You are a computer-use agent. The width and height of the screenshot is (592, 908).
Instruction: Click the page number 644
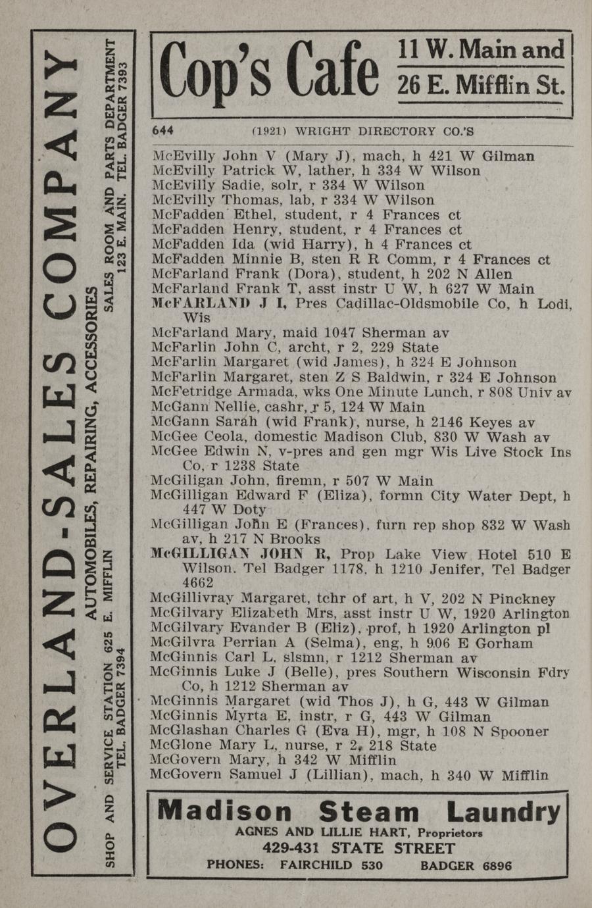(x=162, y=130)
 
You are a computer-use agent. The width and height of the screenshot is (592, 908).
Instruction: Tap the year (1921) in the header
(x=269, y=131)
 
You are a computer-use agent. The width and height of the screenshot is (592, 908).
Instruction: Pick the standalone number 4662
(x=197, y=583)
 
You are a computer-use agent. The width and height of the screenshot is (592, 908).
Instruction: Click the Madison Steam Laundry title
(x=359, y=811)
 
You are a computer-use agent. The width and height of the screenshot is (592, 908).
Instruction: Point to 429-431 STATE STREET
(x=358, y=848)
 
